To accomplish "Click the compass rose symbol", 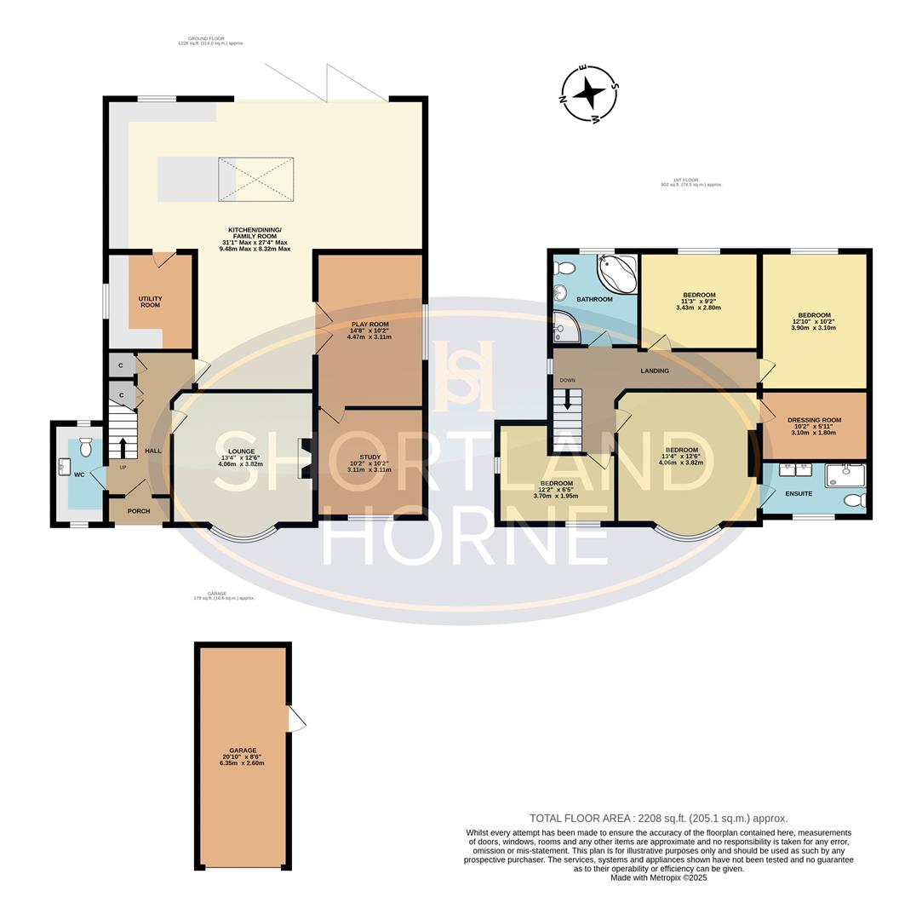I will [588, 93].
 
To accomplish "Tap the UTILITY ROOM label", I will [150, 302].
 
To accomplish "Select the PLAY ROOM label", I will [369, 325].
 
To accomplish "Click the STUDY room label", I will [369, 457].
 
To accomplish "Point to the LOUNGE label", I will [241, 451].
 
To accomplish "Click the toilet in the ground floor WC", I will [85, 446].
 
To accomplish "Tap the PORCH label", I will [138, 511].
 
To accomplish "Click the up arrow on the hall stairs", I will [123, 447].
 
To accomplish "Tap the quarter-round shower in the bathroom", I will [566, 327].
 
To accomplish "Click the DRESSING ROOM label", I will [814, 420].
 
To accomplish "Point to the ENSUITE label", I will [799, 493].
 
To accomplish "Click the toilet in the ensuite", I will [854, 500].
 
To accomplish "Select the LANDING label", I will [655, 371].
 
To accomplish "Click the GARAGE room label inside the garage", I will [243, 750].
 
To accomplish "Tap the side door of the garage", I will [296, 720].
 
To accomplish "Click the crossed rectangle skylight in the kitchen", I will [255, 179].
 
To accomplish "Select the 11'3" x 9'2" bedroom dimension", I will [698, 301].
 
